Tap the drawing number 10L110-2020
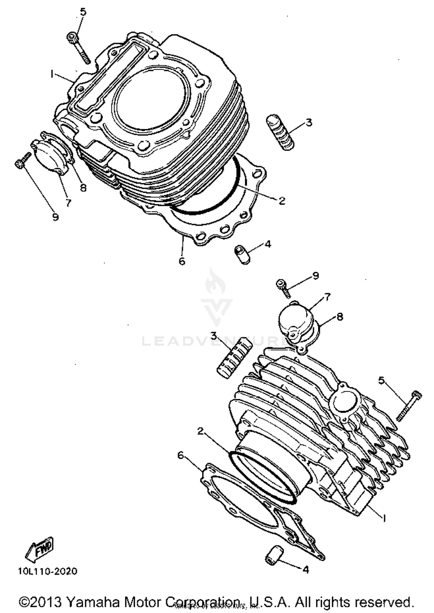point(48,571)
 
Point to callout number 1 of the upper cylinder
point(52,74)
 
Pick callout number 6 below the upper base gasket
point(182,261)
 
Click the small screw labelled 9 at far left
point(23,160)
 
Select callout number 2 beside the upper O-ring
point(282,200)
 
